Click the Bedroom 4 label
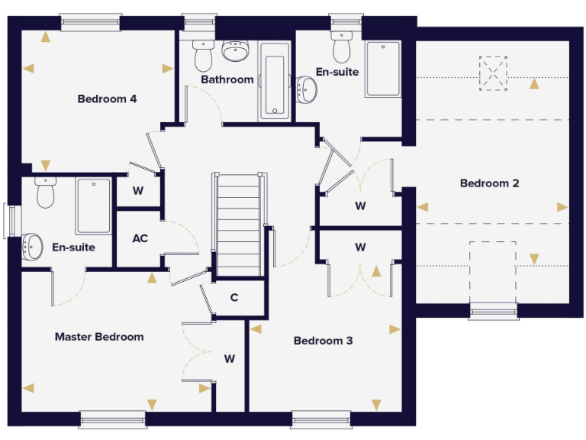(107, 99)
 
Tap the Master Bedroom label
(99, 337)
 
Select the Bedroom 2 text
(489, 183)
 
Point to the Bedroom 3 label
(323, 341)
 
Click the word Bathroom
(227, 79)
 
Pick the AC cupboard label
(140, 238)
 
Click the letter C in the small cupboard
(234, 297)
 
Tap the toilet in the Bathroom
(202, 54)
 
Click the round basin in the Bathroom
(235, 52)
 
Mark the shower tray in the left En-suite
(93, 205)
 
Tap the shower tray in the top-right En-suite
(382, 69)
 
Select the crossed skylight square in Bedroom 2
(494, 73)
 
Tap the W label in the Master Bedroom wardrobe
(229, 358)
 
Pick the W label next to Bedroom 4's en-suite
(137, 191)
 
